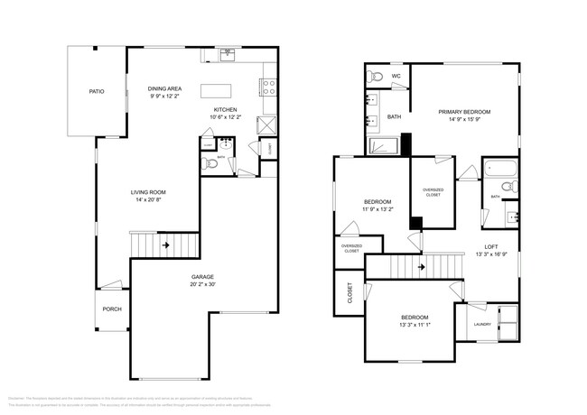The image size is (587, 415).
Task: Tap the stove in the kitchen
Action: (268, 88)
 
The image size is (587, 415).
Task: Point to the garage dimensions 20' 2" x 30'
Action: (202, 284)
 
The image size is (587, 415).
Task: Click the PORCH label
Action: (112, 309)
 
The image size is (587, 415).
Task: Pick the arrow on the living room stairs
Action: (166, 244)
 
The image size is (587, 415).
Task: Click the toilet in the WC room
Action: (377, 76)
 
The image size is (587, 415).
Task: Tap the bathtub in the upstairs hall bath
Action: (498, 169)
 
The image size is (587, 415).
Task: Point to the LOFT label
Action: (491, 246)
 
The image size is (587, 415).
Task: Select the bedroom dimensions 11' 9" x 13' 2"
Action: (377, 209)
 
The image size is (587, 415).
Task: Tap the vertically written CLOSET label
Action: (349, 294)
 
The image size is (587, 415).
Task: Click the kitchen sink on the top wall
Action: (228, 54)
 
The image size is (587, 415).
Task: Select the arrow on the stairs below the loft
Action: (421, 267)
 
